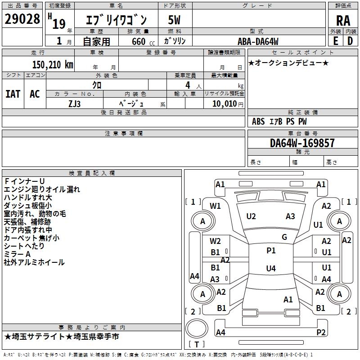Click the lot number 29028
(x=22, y=19)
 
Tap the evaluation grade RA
(x=343, y=20)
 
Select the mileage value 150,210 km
(x=52, y=64)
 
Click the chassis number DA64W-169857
(x=302, y=143)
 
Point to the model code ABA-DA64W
(x=258, y=41)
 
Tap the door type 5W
(x=175, y=20)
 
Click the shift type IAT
(x=13, y=94)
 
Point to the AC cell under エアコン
(x=35, y=94)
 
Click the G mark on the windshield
(x=284, y=237)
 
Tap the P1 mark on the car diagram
(x=271, y=251)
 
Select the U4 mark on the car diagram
(x=271, y=269)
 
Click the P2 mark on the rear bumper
(x=321, y=333)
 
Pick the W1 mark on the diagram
(x=216, y=206)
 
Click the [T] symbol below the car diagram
(x=197, y=345)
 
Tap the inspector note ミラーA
(x=17, y=254)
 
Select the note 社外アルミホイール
(x=34, y=262)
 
